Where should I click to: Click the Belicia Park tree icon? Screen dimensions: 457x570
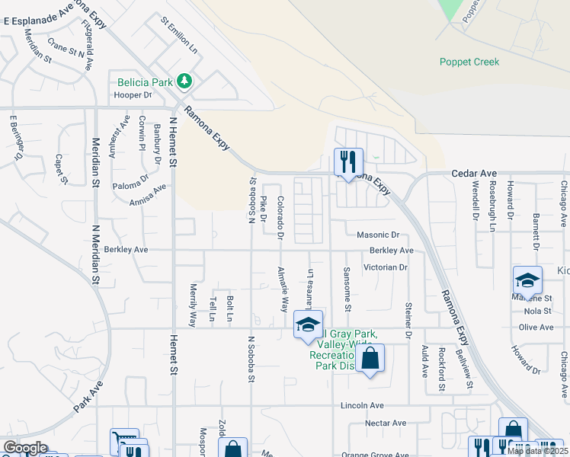[184, 80]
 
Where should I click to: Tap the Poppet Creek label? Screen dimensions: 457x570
[469, 62]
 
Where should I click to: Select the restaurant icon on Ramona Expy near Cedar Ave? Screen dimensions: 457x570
[348, 162]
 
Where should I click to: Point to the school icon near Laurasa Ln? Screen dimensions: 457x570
[308, 326]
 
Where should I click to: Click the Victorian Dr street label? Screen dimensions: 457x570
[386, 267]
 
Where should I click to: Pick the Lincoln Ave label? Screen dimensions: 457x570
[362, 405]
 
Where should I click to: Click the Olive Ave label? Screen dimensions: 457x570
[536, 327]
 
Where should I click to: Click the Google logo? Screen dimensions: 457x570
[25, 448]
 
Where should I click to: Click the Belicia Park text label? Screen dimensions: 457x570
[145, 82]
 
